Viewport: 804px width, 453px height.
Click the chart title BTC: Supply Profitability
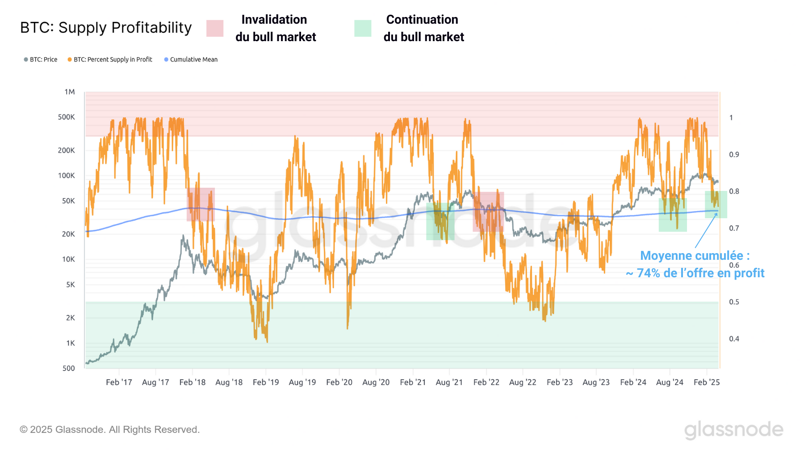[x=106, y=28]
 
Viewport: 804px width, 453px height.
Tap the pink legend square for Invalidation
[x=215, y=28]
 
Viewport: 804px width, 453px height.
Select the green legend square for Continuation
[x=363, y=28]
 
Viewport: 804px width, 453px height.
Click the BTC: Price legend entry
[x=41, y=59]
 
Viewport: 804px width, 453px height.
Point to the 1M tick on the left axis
[x=70, y=92]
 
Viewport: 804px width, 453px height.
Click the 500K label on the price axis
[x=67, y=117]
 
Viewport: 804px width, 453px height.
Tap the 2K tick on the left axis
[x=71, y=318]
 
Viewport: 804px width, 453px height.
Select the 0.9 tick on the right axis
[x=734, y=155]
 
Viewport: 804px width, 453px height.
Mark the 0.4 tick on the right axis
[x=734, y=339]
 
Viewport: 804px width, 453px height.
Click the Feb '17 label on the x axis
[x=119, y=382]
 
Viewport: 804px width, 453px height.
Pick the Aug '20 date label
[x=376, y=382]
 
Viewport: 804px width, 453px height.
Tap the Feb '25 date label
[x=707, y=382]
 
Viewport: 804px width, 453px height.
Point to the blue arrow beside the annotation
[x=706, y=231]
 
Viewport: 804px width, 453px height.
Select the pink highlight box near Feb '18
[x=201, y=204]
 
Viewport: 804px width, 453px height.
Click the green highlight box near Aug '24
[x=672, y=215]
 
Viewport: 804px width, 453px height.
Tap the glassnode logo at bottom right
[x=733, y=430]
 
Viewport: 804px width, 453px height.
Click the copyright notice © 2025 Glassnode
[x=109, y=430]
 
